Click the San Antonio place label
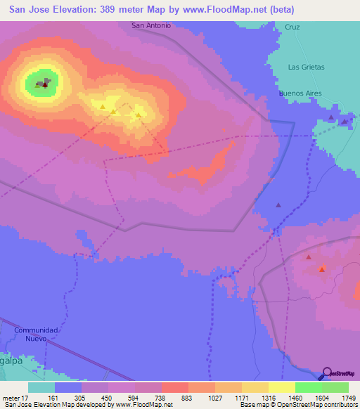151,25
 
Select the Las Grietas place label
307,67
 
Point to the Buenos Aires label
300,93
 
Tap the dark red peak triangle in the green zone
45,85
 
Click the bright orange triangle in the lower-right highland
322,270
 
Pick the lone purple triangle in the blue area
278,205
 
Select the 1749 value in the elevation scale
348,398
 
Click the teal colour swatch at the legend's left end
41,387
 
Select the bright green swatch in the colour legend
308,387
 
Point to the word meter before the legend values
11,398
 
